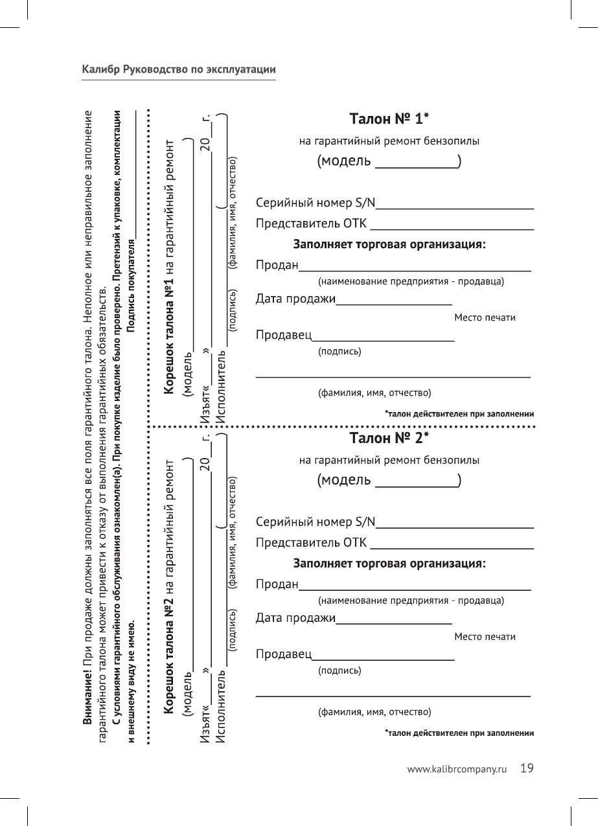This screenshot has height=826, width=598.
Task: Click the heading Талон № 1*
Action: point(389,119)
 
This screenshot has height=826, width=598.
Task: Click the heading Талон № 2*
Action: point(389,439)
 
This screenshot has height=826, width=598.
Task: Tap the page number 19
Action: point(527,768)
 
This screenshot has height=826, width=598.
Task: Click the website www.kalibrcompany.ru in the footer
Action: point(455,770)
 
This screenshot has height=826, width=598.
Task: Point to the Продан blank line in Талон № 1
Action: point(415,269)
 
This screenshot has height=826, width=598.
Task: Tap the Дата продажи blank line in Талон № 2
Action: point(394,622)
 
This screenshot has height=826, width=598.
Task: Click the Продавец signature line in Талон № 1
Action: point(384,339)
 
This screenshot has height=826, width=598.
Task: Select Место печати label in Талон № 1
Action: point(485,317)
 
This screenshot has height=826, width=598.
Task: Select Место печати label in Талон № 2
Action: point(485,637)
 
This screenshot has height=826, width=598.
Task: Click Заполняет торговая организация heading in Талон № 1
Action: point(390,245)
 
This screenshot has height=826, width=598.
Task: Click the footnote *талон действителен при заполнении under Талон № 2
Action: point(459,733)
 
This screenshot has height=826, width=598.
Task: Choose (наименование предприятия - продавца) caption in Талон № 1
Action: point(411,282)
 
